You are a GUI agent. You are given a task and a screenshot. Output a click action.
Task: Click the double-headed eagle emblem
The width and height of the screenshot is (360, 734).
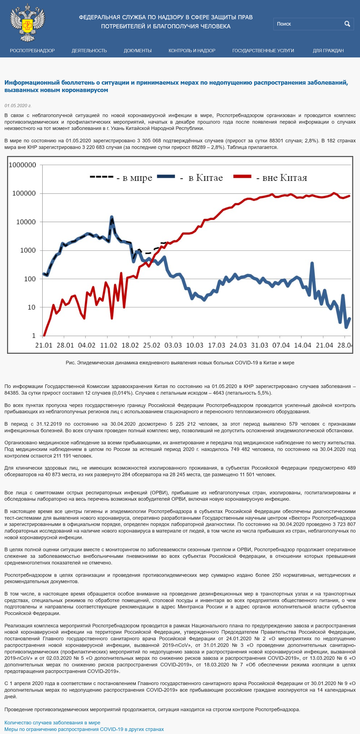click(28, 23)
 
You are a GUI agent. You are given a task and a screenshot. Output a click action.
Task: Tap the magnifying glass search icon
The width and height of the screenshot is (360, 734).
click(347, 24)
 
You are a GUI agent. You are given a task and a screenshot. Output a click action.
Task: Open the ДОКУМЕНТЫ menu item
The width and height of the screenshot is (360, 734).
click(138, 51)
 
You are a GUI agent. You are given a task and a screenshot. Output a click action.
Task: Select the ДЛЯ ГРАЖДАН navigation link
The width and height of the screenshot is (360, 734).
click(328, 51)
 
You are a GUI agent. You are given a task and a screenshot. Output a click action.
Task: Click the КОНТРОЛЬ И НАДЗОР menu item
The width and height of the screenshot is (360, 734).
click(192, 51)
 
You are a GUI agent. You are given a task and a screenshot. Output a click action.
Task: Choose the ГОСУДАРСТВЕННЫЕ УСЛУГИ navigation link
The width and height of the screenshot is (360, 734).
click(263, 51)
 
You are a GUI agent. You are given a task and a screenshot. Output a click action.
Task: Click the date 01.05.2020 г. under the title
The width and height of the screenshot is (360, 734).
click(18, 106)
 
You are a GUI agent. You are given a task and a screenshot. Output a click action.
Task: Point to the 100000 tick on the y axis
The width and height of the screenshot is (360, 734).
click(24, 193)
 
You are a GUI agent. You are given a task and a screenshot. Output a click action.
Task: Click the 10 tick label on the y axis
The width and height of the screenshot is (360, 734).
click(32, 307)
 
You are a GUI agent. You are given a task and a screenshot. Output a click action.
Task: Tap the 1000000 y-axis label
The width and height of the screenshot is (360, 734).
click(22, 165)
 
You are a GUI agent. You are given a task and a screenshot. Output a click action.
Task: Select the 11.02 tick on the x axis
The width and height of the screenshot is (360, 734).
click(109, 345)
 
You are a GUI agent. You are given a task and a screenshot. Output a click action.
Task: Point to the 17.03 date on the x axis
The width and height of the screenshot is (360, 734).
click(216, 345)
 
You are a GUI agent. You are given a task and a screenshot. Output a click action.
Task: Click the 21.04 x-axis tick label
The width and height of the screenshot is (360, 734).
click(324, 345)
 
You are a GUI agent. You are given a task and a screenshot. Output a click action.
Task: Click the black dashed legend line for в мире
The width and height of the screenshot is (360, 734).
click(101, 177)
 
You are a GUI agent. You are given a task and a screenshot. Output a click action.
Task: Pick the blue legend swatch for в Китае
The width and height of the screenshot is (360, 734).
click(166, 176)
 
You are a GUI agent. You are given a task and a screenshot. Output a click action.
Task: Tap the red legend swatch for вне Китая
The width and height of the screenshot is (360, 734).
click(242, 176)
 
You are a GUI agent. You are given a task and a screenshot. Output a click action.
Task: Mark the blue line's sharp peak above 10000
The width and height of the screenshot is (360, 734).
click(112, 217)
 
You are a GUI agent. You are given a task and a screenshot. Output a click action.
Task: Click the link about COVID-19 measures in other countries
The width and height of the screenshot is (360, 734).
click(84, 729)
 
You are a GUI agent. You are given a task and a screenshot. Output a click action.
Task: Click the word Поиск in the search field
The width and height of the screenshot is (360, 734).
click(284, 24)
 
